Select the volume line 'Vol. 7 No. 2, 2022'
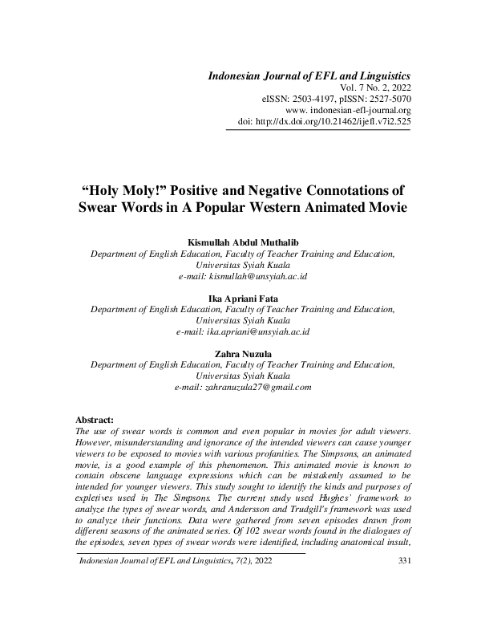[x=376, y=87]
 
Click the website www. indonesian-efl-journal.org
[x=349, y=110]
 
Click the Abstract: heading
[x=95, y=420]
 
